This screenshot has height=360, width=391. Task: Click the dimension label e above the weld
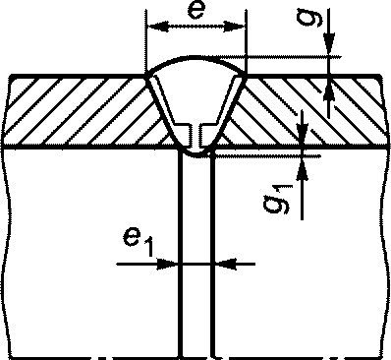196,11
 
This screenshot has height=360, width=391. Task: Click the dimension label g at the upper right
310,18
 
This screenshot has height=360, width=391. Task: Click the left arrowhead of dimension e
158,27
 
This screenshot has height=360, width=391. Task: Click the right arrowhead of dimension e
234,27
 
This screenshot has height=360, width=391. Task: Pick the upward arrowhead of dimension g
329,90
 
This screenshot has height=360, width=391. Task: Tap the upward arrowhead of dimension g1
303,170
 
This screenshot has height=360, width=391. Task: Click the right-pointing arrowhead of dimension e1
167,264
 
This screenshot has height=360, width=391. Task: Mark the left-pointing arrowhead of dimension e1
226,264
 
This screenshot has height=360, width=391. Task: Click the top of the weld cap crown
195,57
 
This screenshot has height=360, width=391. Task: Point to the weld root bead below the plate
196,154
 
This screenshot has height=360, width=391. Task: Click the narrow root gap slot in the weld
196,139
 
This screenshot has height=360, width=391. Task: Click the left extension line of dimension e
146,42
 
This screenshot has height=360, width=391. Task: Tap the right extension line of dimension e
246,42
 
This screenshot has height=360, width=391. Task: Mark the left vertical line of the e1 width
180,253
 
